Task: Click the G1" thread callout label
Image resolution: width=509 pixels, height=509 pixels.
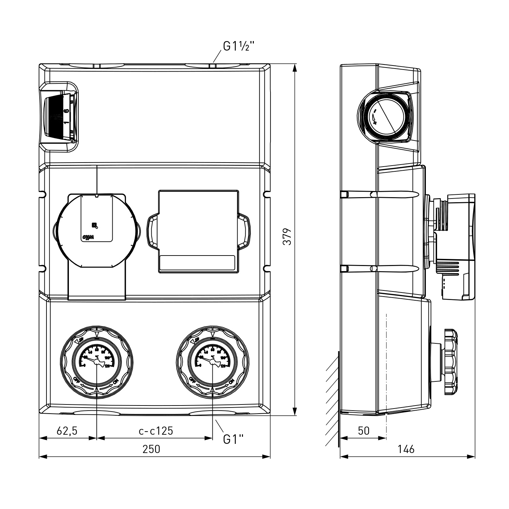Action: coord(233,439)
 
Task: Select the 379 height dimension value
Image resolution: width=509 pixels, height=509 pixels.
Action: coord(287,237)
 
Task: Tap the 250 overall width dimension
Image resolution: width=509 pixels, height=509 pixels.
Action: coord(151,449)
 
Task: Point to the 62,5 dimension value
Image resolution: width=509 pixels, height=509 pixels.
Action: coord(67,431)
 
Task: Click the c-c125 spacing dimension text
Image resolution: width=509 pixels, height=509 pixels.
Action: coord(156,431)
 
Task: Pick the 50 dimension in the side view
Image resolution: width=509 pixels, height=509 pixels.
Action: coord(363,431)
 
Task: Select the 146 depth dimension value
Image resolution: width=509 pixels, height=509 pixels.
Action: coord(406,449)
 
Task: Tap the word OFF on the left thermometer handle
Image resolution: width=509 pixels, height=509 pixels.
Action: coord(77,380)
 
